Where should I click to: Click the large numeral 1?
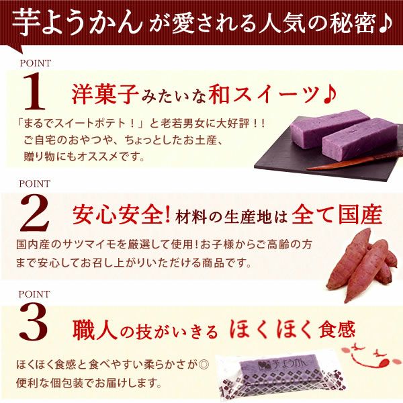tap(35, 91)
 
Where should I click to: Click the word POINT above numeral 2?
tap(34, 183)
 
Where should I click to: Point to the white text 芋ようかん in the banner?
tap(77, 22)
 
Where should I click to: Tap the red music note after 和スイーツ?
tap(330, 95)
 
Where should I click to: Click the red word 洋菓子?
tap(105, 95)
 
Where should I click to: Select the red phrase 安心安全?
tap(122, 215)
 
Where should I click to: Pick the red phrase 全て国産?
tap(337, 215)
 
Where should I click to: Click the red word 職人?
tap(93, 330)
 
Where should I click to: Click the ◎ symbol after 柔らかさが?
tap(204, 365)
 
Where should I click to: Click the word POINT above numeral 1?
tap(35, 63)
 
